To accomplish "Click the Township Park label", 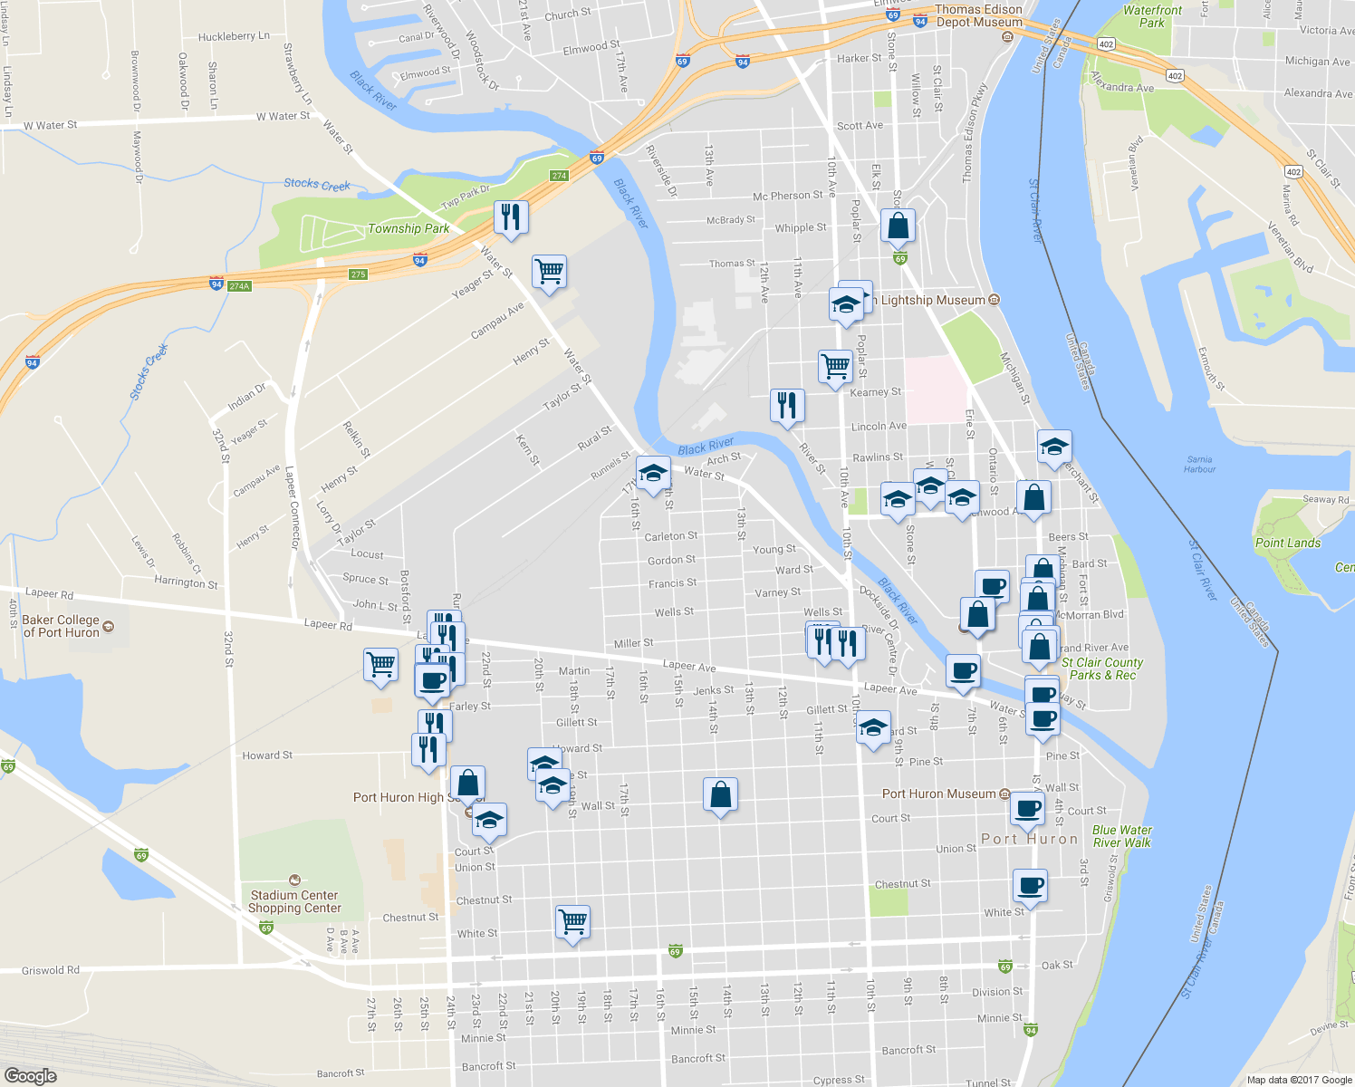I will coord(408,228).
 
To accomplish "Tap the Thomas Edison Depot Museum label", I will coord(978,16).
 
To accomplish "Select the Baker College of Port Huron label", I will coord(61,626).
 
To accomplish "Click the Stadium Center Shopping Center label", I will coord(294,901).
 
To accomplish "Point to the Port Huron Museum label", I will coord(939,794).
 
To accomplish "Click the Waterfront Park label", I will coord(1152,16).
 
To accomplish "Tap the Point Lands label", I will coord(1287,543).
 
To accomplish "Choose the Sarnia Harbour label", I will coord(1199,464).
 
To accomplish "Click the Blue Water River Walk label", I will coord(1122,836).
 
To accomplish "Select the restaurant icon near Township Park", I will coord(511,216).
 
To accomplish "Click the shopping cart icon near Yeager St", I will coord(549,271).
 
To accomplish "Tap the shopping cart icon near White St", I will coord(572,921).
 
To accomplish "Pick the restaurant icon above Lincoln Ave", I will coord(787,405).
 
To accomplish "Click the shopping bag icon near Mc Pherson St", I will coord(898,225).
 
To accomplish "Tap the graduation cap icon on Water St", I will coord(652,473).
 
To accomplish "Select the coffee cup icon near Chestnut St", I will coord(1030,885).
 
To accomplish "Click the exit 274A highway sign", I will coord(238,286).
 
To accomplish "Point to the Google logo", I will coord(30,1075).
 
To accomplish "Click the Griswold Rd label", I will coord(51,970).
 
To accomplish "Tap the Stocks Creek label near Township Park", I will coord(317,184).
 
